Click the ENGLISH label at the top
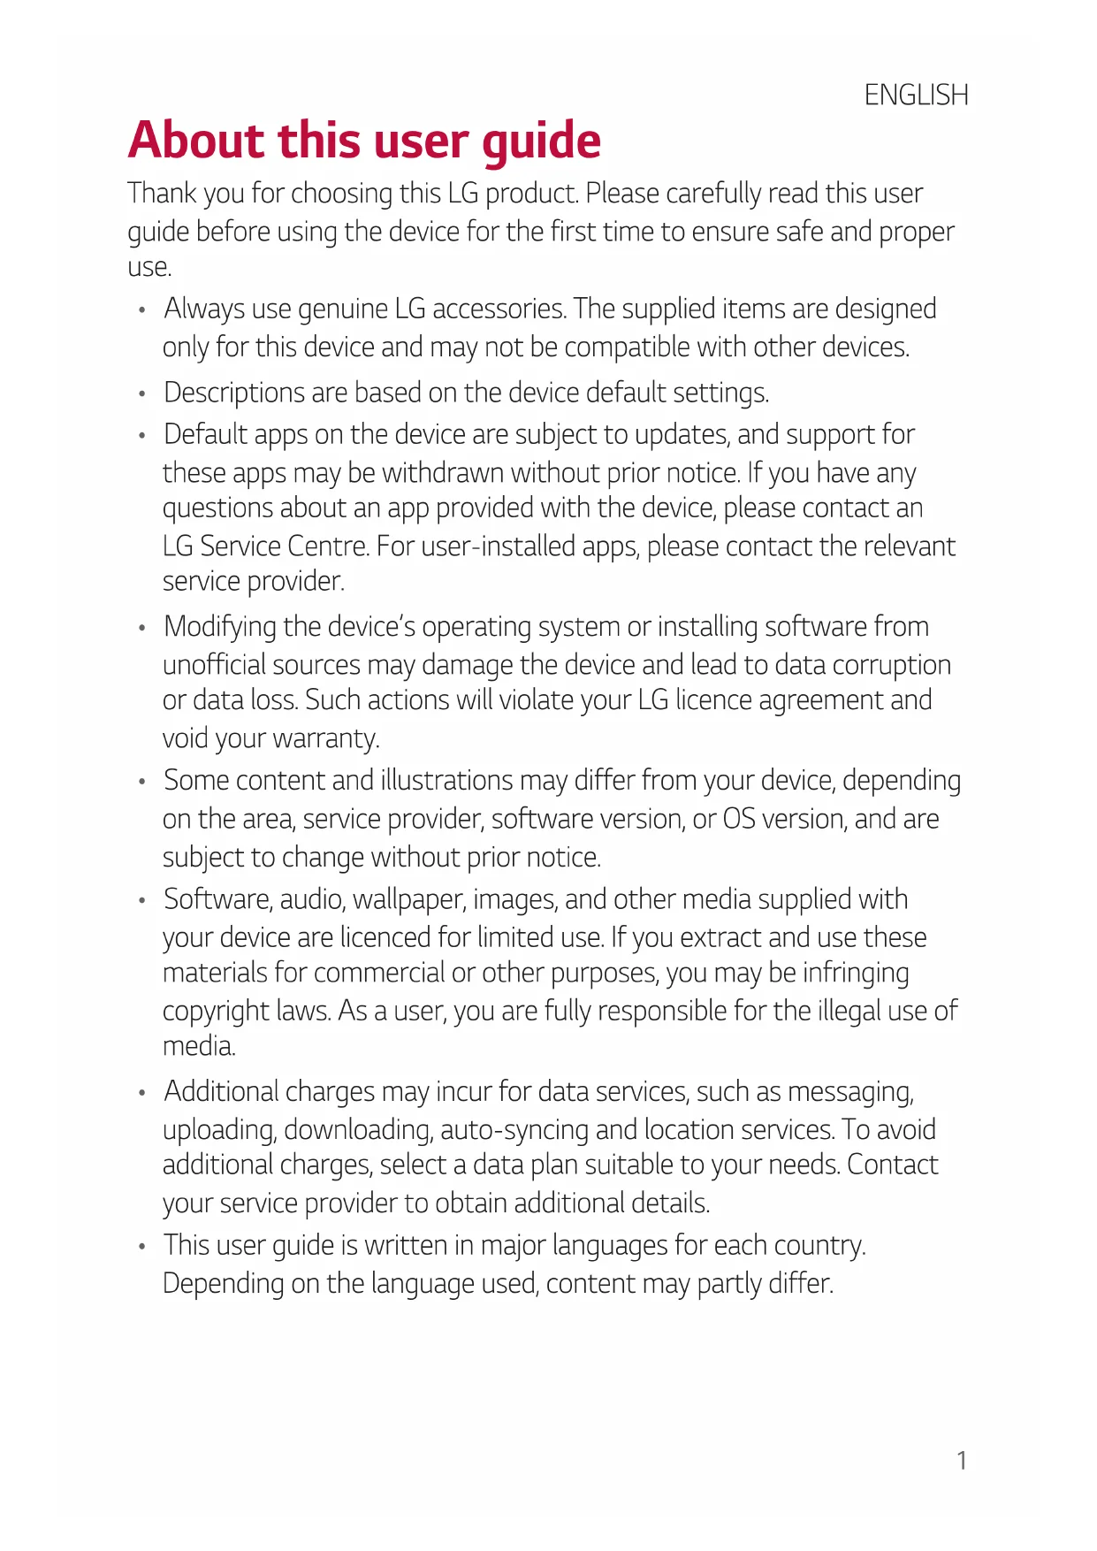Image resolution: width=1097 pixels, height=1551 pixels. click(916, 95)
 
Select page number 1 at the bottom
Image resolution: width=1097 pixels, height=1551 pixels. click(962, 1460)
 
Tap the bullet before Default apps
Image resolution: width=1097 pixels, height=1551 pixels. click(141, 436)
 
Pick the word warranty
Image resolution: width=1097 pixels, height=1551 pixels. click(325, 738)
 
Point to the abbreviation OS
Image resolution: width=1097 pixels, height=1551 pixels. click(739, 819)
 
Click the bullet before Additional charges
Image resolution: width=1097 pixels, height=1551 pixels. click(141, 1093)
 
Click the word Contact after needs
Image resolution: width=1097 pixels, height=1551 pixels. click(893, 1165)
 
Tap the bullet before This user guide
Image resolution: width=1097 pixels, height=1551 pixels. click(141, 1247)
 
